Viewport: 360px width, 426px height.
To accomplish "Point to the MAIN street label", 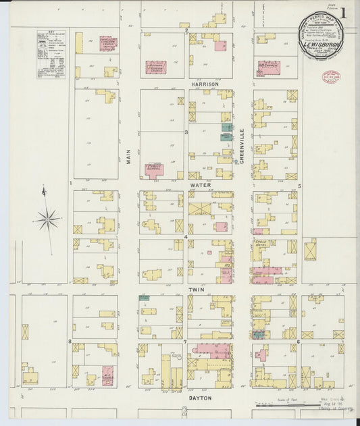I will point(127,158).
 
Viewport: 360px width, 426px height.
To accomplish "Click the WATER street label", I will point(201,184).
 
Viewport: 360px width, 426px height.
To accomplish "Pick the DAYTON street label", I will point(200,398).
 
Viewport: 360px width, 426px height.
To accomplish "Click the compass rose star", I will point(47,219).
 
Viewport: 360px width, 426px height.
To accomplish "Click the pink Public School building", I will point(154,170).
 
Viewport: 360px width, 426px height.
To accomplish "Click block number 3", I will point(186,132).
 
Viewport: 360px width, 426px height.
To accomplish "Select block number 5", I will point(299,185).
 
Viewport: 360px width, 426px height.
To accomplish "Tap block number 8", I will point(70,342).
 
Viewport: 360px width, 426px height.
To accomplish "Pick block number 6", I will point(298,342).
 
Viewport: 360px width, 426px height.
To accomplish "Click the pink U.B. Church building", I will point(268,68).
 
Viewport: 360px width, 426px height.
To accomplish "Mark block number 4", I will point(186,237).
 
